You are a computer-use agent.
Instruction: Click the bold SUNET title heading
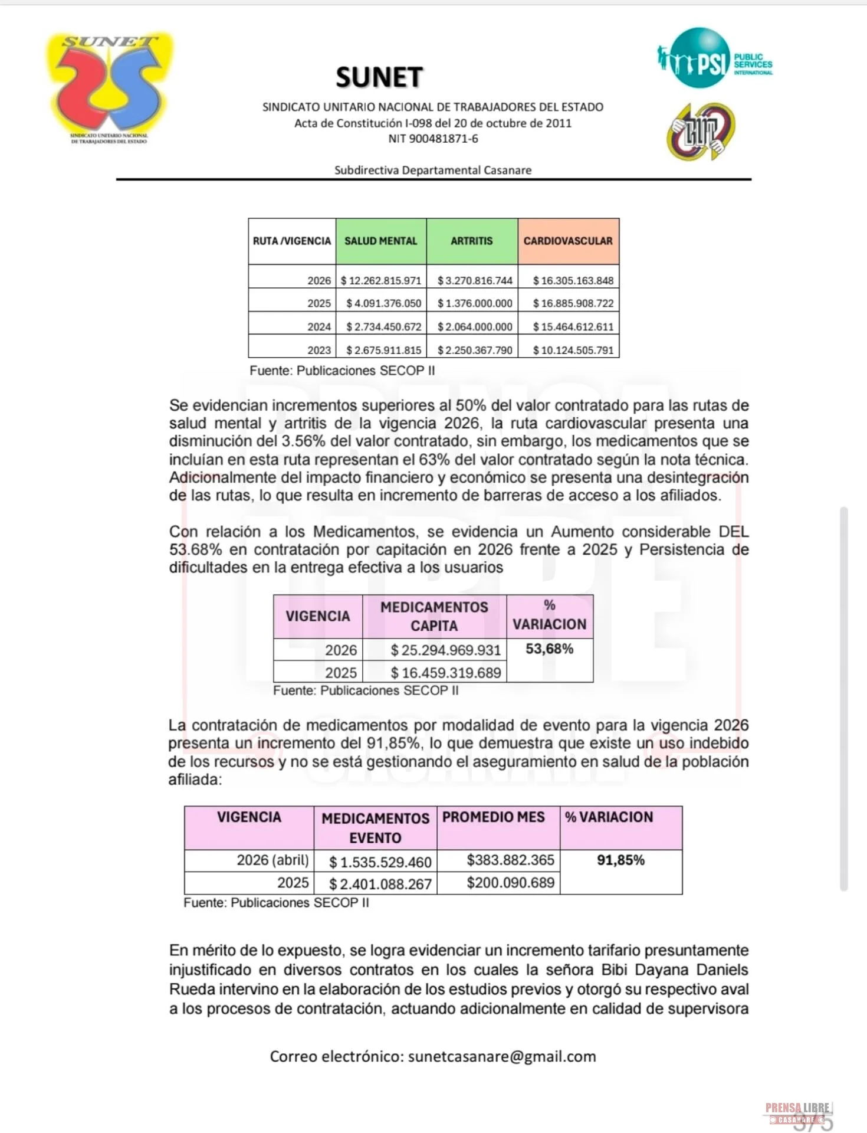[x=379, y=77]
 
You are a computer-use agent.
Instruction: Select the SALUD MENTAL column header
[x=381, y=241]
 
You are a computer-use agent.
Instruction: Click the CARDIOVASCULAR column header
[x=568, y=241]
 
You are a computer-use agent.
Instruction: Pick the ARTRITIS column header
[x=472, y=241]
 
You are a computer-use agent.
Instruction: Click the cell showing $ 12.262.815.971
[x=381, y=280]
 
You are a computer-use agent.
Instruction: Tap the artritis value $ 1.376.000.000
[x=475, y=303]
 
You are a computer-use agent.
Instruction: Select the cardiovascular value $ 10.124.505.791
[x=573, y=350]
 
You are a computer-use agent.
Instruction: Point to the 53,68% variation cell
[x=549, y=649]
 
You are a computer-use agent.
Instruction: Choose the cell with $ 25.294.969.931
[x=445, y=650]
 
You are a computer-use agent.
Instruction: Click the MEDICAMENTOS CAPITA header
[x=434, y=616]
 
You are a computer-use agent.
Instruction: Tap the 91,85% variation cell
[x=620, y=860]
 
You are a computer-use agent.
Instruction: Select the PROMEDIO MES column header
[x=494, y=817]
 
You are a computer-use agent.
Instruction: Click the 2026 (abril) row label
[x=272, y=860]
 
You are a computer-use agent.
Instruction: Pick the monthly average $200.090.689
[x=510, y=883]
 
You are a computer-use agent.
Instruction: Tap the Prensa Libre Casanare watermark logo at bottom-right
[x=797, y=1112]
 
